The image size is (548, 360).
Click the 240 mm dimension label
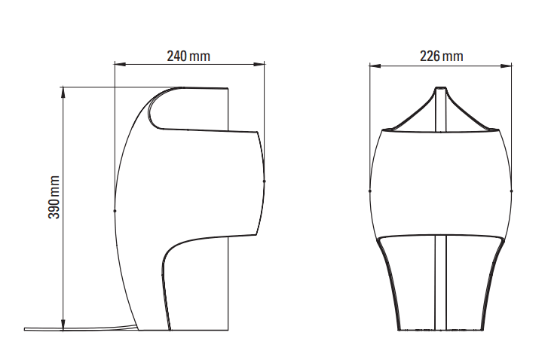coord(188,56)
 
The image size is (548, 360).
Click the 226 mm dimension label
coord(442,56)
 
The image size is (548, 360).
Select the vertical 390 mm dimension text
coord(54,197)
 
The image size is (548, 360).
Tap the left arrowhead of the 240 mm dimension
coord(120,64)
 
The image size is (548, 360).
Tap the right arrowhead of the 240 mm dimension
coord(259,64)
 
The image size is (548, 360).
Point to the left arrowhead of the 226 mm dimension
coord(375,66)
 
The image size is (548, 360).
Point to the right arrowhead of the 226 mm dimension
coord(507,66)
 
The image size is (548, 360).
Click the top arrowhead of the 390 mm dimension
coord(63,92)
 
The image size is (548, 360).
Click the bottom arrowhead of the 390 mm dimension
coord(63,324)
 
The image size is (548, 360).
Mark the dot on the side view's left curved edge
coord(115,211)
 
